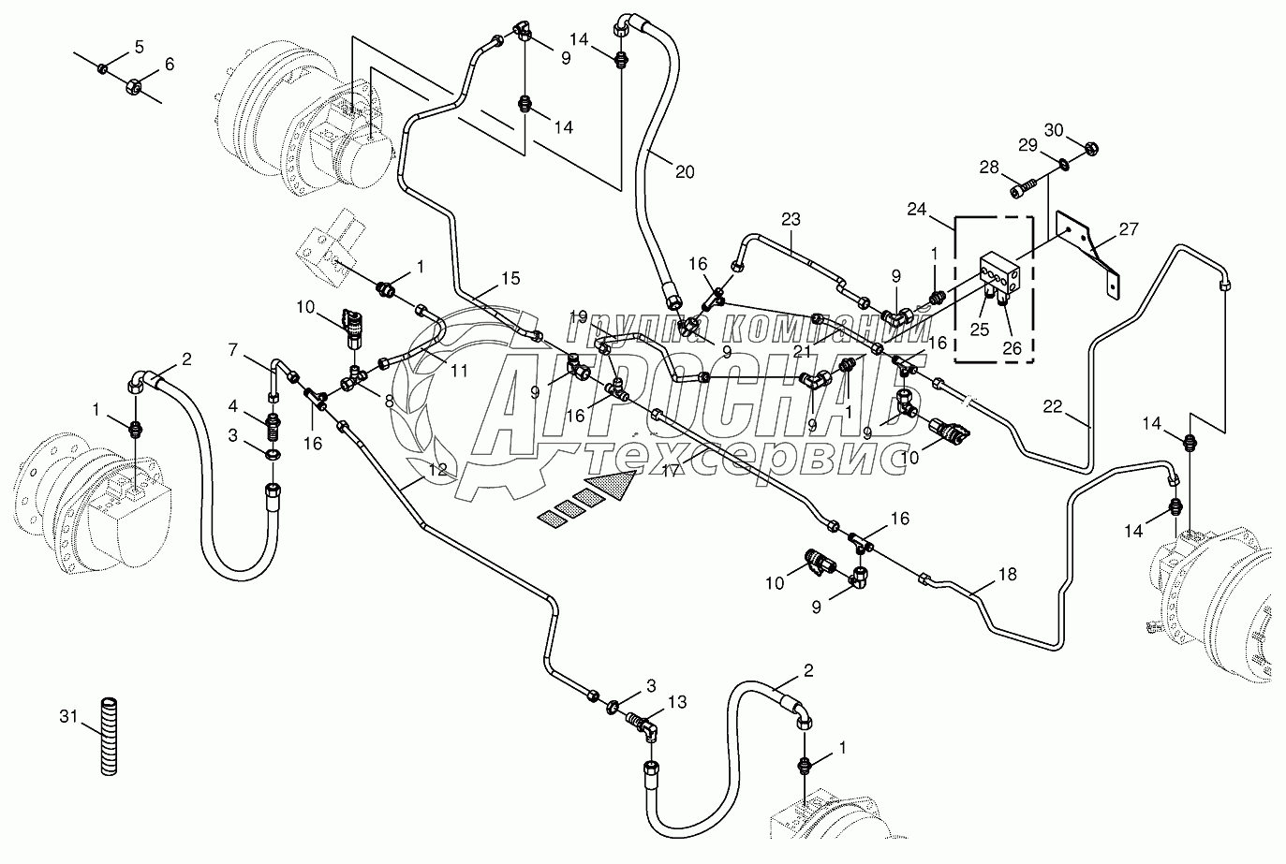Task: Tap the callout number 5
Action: coord(139,47)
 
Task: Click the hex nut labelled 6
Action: coord(132,85)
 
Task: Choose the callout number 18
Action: coord(1007,575)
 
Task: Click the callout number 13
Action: coord(677,701)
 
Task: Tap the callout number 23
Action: coord(791,221)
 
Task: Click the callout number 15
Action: coord(509,279)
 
